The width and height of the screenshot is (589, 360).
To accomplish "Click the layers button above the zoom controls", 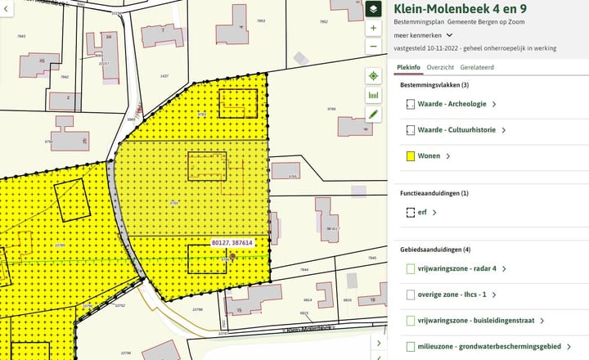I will pyautogui.click(x=373, y=9).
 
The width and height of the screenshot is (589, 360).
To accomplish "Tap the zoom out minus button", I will pyautogui.click(x=373, y=46).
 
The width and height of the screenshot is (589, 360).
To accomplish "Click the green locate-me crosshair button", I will pyautogui.click(x=373, y=76).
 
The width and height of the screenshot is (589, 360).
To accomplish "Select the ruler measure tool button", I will pyautogui.click(x=373, y=95).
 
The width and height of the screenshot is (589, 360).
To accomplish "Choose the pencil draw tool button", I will pyautogui.click(x=373, y=114).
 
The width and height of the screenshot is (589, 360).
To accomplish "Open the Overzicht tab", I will pyautogui.click(x=440, y=66).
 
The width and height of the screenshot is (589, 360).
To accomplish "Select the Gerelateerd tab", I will pyautogui.click(x=476, y=66).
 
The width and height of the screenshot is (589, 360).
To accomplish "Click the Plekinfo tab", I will pyautogui.click(x=407, y=66).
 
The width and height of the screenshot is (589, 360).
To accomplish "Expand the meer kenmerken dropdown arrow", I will pyautogui.click(x=449, y=35).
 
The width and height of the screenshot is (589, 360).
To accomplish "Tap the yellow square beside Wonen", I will pyautogui.click(x=411, y=155).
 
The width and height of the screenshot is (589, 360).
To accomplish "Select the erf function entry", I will pyautogui.click(x=424, y=213).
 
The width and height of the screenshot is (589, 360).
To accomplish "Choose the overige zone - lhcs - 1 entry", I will pyautogui.click(x=454, y=295).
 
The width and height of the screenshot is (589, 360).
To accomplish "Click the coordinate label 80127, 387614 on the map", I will pyautogui.click(x=232, y=243).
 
